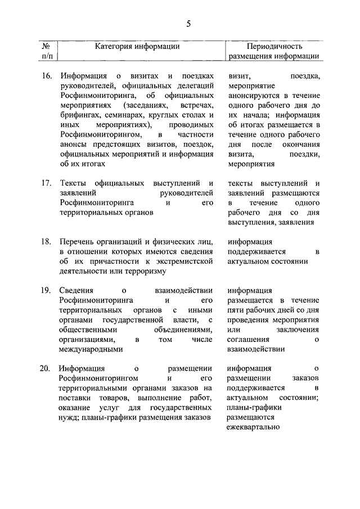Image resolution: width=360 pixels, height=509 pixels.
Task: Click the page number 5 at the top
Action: [x=188, y=23]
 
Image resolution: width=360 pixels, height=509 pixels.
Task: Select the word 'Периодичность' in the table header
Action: [x=274, y=46]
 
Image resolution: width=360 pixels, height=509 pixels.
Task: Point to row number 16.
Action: [x=47, y=75]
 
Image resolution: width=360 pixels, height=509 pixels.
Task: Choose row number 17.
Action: [x=47, y=183]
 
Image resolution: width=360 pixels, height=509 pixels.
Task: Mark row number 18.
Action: [x=47, y=242]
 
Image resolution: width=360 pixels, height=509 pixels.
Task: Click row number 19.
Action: [x=47, y=291]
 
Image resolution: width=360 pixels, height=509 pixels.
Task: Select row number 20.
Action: [x=47, y=369]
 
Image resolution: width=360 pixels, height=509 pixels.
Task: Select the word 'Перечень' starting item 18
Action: [x=76, y=242]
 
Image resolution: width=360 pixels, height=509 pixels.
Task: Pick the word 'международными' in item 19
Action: [x=91, y=349]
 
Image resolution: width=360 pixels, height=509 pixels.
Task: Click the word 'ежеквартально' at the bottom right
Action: [x=253, y=427]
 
